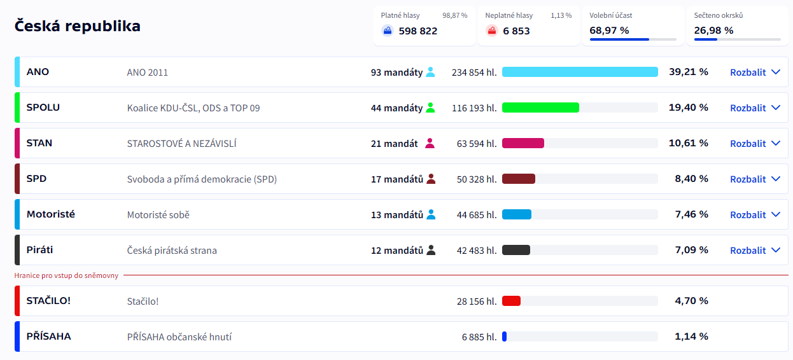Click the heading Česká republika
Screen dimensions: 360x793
coord(77,26)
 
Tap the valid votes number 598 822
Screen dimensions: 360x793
coord(418,31)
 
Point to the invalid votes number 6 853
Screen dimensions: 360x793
coord(516,31)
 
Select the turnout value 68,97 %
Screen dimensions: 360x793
coord(609,31)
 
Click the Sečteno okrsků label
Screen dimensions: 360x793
coord(718,15)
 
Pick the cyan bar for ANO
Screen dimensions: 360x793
coord(580,72)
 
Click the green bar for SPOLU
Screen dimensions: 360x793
coord(540,107)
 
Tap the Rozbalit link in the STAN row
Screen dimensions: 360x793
coord(754,143)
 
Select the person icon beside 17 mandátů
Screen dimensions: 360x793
coord(431,179)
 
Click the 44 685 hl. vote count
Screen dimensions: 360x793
coord(477,214)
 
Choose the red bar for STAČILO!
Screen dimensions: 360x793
coord(511,301)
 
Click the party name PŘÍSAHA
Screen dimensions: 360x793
coord(48,336)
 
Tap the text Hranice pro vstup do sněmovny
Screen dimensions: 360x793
coord(66,275)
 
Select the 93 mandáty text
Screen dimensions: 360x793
coord(396,73)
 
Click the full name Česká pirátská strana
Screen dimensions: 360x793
coord(172,251)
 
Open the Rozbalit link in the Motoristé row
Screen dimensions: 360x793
coord(754,214)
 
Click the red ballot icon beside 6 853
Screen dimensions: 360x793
coord(492,31)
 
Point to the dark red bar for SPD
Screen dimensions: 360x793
coord(518,179)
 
